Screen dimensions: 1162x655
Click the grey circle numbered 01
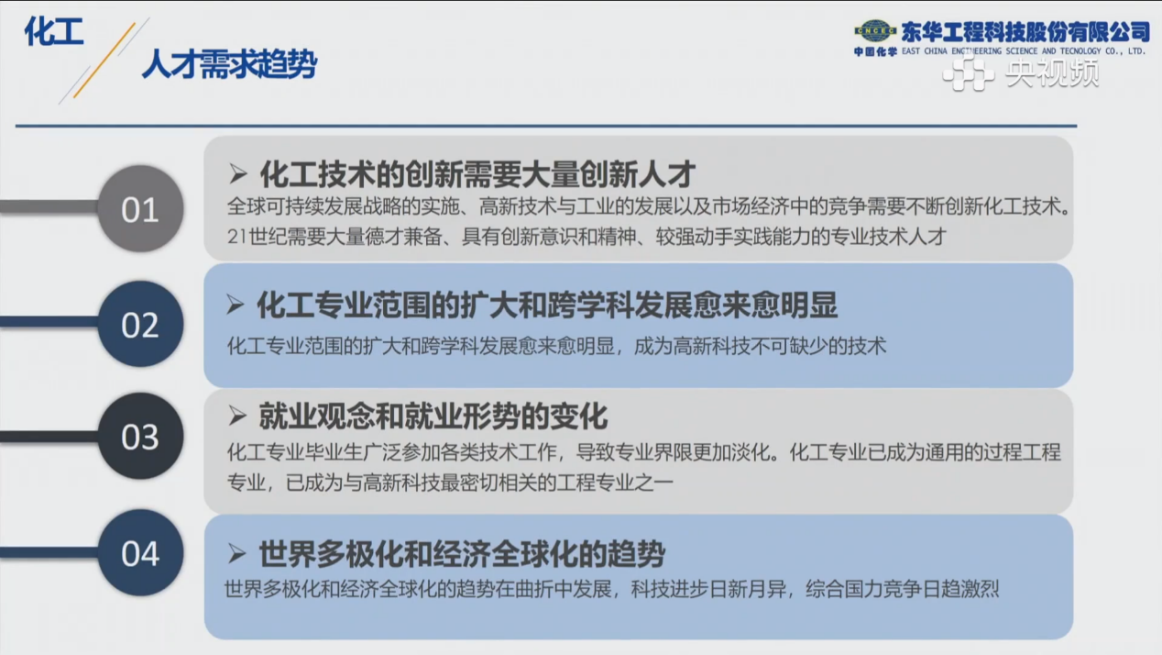pyautogui.click(x=140, y=209)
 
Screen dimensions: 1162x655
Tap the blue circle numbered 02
pyautogui.click(x=140, y=324)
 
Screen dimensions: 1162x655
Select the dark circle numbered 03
pyautogui.click(x=140, y=436)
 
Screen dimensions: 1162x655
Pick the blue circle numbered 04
pyautogui.click(x=140, y=552)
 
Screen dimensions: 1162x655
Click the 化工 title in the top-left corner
pyautogui.click(x=54, y=31)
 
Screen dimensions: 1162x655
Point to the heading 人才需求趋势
pyautogui.click(x=229, y=64)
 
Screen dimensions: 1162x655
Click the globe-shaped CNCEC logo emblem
pyautogui.click(x=875, y=31)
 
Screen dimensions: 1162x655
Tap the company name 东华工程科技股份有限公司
pyautogui.click(x=1025, y=32)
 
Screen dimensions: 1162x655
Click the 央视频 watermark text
pyautogui.click(x=1053, y=72)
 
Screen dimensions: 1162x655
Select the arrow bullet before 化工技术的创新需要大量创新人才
pyautogui.click(x=237, y=173)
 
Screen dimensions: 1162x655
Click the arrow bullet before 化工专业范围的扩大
pyautogui.click(x=235, y=305)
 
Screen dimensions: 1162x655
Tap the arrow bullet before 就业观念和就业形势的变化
pyautogui.click(x=237, y=416)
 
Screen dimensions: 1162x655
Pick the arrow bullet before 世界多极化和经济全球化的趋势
pyautogui.click(x=236, y=554)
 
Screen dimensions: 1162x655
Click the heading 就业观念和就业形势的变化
pyautogui.click(x=433, y=416)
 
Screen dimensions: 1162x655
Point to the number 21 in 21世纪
pyautogui.click(x=237, y=237)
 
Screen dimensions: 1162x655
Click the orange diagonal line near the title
pyautogui.click(x=104, y=61)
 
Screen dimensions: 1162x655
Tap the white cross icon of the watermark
pyautogui.click(x=969, y=73)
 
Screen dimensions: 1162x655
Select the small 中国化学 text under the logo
pyautogui.click(x=875, y=51)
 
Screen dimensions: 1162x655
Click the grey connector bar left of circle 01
pyautogui.click(x=50, y=206)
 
